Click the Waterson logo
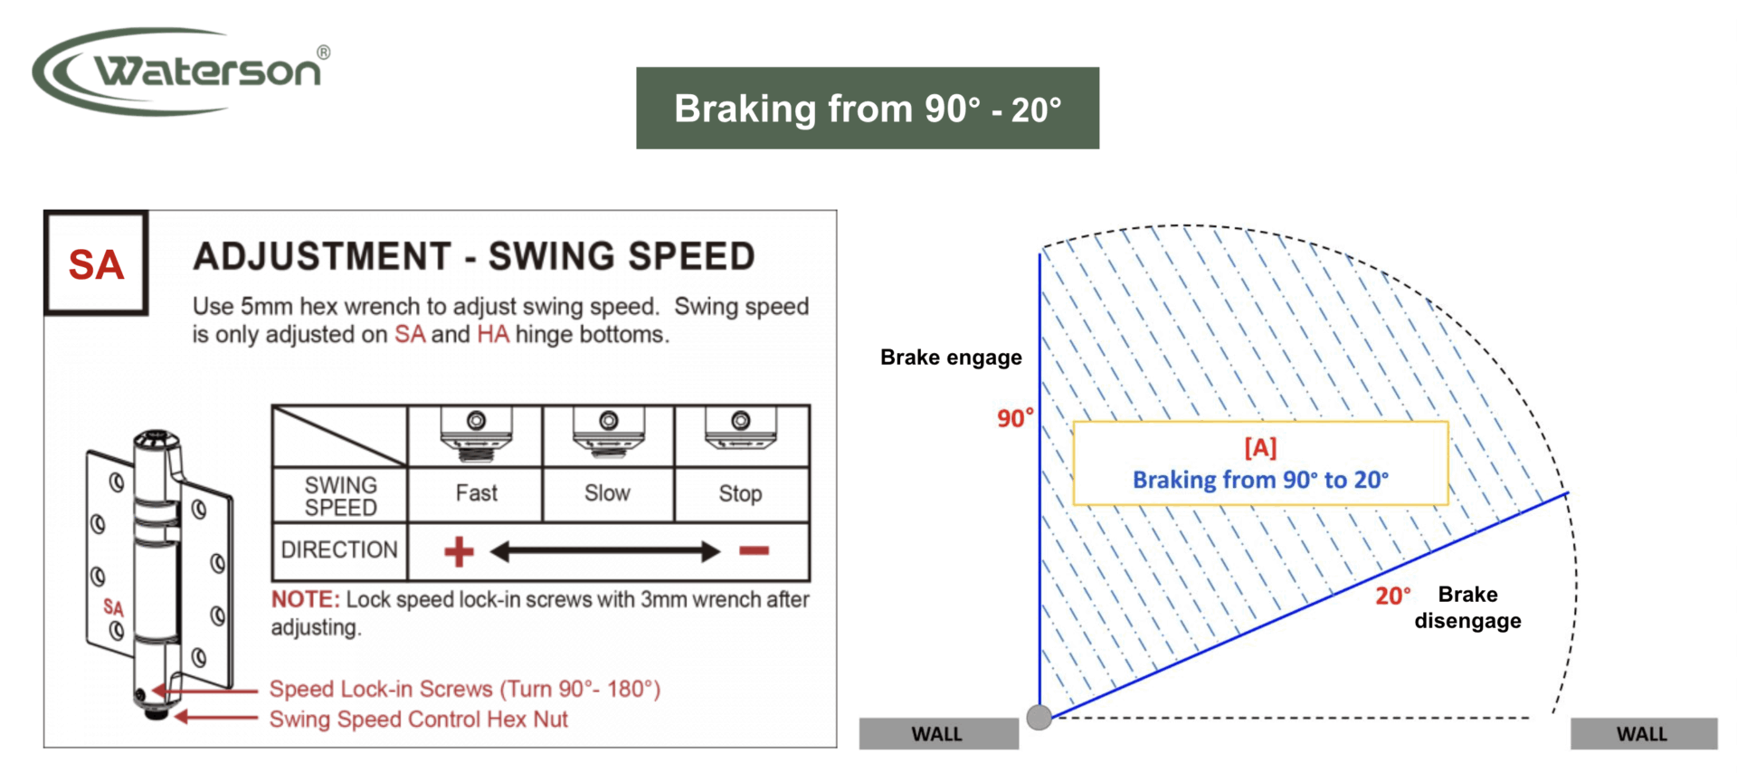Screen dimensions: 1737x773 181,71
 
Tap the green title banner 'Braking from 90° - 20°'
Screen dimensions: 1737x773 868,108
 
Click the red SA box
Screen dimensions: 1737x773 96,263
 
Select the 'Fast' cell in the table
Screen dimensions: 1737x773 476,493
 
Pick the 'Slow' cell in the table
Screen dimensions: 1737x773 607,493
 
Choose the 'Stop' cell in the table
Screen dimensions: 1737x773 741,493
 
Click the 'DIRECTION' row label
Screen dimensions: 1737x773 339,549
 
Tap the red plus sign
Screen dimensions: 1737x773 460,551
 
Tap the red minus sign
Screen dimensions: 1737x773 754,550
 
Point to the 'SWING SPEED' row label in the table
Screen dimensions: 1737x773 340,496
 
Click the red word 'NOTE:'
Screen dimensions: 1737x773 306,599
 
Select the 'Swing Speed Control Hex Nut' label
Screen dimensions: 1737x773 418,720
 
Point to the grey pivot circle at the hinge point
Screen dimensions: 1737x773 1039,718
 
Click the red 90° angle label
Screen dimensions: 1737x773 1015,418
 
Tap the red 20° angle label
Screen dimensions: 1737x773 1393,596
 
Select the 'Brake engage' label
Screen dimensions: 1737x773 951,358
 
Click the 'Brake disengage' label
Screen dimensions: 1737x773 1467,607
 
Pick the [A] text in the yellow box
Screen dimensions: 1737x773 1260,447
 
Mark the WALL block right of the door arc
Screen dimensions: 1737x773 1644,734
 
